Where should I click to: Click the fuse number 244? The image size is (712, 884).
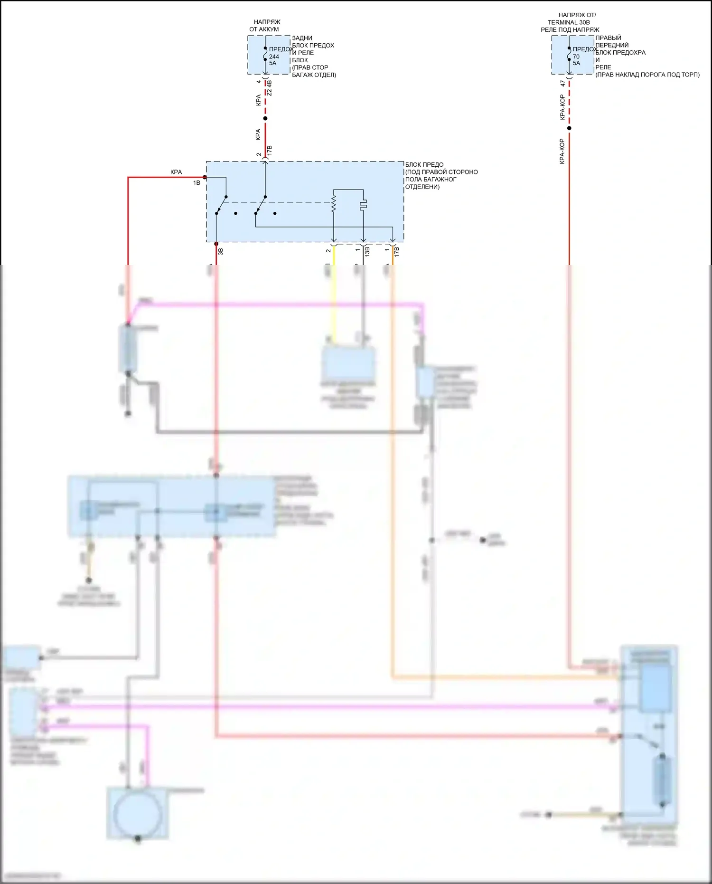[x=274, y=57]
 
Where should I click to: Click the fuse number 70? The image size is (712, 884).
[x=576, y=57]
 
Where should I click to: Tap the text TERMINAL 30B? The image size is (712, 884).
[x=569, y=22]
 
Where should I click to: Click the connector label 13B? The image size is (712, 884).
[x=367, y=252]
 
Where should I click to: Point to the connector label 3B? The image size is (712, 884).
[x=220, y=252]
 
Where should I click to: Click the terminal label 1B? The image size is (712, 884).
[x=197, y=183]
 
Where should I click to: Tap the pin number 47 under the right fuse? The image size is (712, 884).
[x=562, y=83]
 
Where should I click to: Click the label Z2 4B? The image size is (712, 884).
[x=269, y=88]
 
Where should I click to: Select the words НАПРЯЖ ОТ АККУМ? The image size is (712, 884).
[x=265, y=26]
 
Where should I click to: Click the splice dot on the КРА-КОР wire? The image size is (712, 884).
[x=569, y=128]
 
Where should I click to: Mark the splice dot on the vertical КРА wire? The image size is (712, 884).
[x=265, y=118]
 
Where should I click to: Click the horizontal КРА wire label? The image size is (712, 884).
[x=176, y=172]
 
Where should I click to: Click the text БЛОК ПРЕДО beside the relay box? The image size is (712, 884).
[x=424, y=165]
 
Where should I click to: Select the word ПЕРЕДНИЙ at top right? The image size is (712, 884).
[x=612, y=45]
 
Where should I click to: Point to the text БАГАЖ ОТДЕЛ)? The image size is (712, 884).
[x=314, y=75]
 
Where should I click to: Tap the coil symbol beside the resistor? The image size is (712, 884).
[x=363, y=205]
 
